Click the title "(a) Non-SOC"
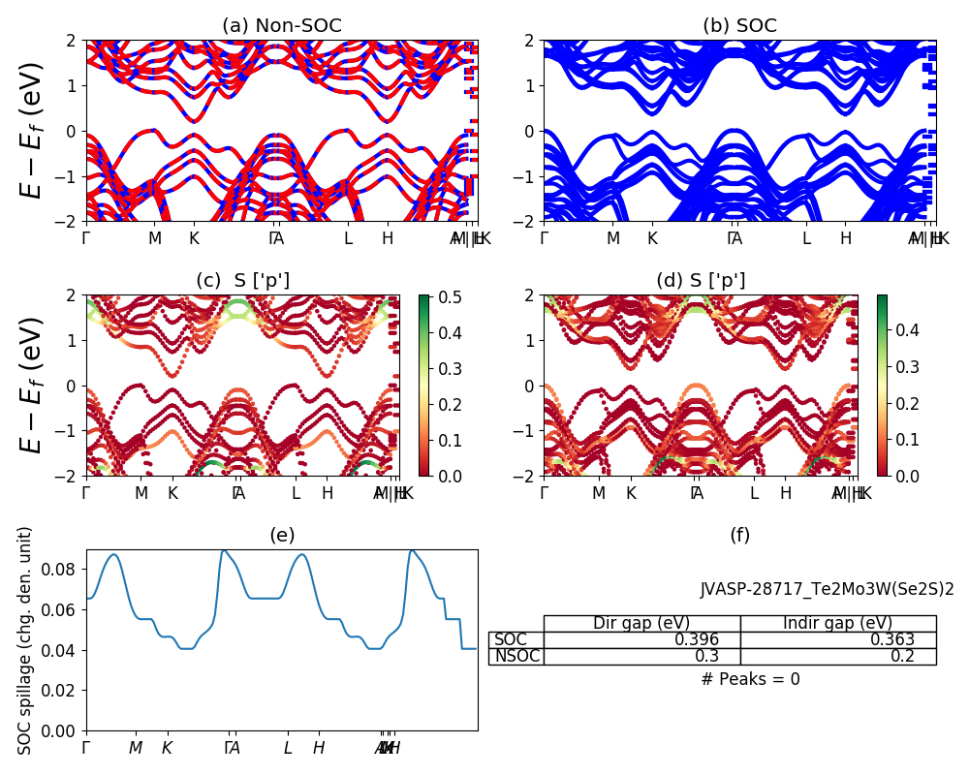pyautogui.click(x=282, y=26)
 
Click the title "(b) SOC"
pyautogui.click(x=739, y=26)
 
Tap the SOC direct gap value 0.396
pyautogui.click(x=697, y=639)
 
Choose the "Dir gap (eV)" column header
pyautogui.click(x=641, y=623)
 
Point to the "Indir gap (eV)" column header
pyautogui.click(x=837, y=623)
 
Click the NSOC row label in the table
pyautogui.click(x=516, y=656)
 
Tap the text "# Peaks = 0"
pyautogui.click(x=750, y=679)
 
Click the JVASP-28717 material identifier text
pyautogui.click(x=827, y=589)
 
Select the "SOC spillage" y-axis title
pyautogui.click(x=26, y=640)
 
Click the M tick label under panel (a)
pyautogui.click(x=155, y=237)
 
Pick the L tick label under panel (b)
pyautogui.click(x=806, y=237)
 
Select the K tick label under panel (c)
pyautogui.click(x=172, y=493)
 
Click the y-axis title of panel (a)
pyautogui.click(x=33, y=131)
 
